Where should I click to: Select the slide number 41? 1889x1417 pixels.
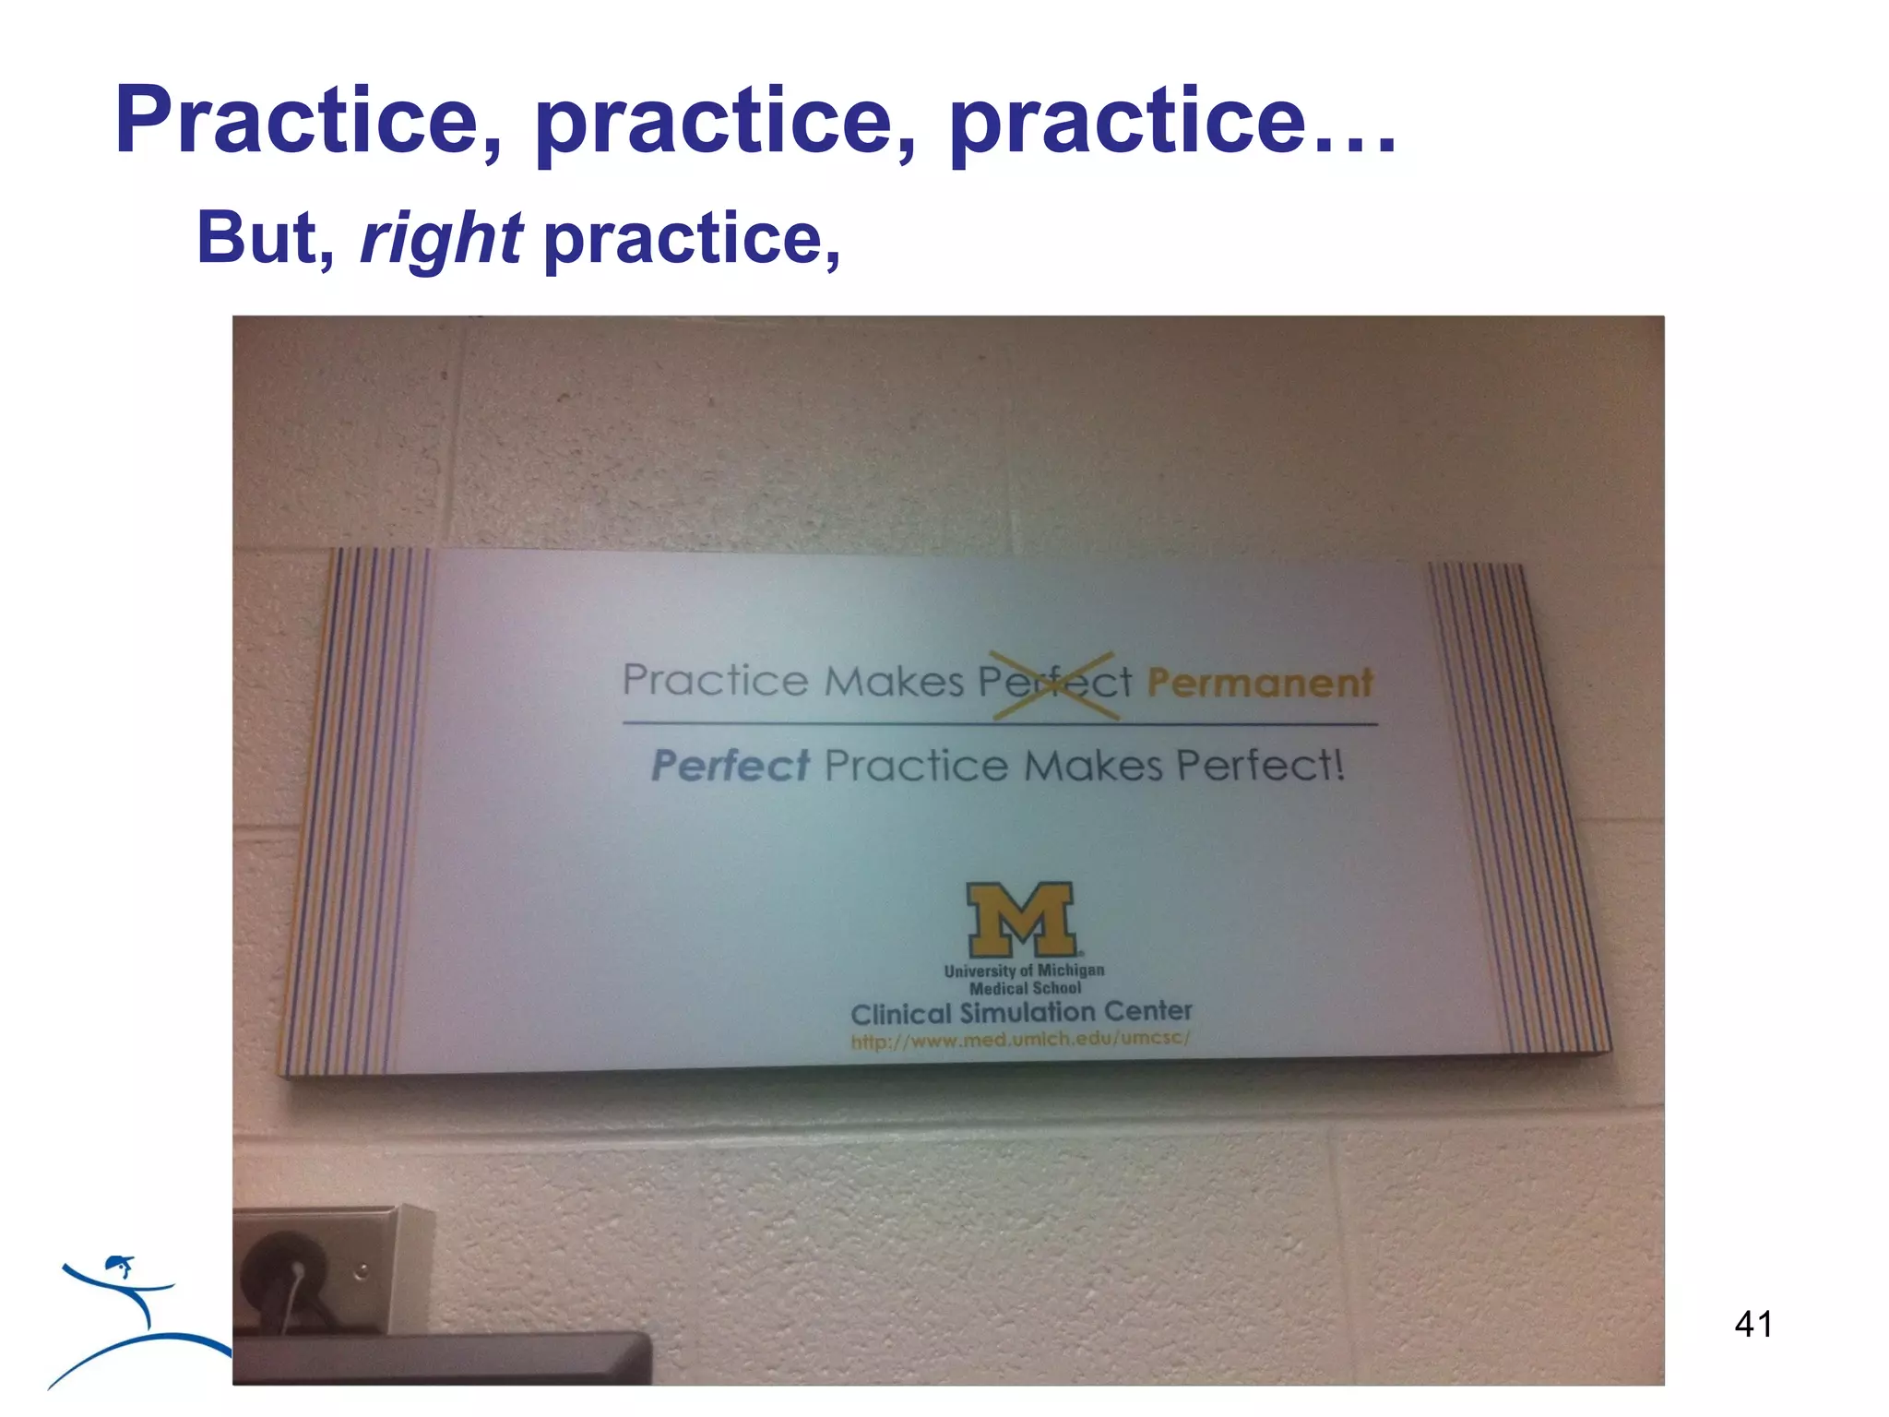[1752, 1324]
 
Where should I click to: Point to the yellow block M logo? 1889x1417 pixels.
[1021, 920]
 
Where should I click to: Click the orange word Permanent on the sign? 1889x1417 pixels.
[1259, 684]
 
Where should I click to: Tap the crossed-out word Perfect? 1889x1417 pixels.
[1054, 683]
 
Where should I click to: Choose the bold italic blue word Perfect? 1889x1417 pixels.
[730, 766]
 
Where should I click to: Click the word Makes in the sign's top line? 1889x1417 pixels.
[893, 682]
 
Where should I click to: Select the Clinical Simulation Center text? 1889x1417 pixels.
[1021, 1013]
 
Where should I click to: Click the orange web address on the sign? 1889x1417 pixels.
[1020, 1040]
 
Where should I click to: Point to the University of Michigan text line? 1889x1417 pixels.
[1024, 970]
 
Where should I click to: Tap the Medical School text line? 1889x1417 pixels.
[1025, 988]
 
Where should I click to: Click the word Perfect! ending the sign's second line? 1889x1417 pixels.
[1261, 766]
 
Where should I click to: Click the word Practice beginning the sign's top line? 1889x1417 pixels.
[716, 681]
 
